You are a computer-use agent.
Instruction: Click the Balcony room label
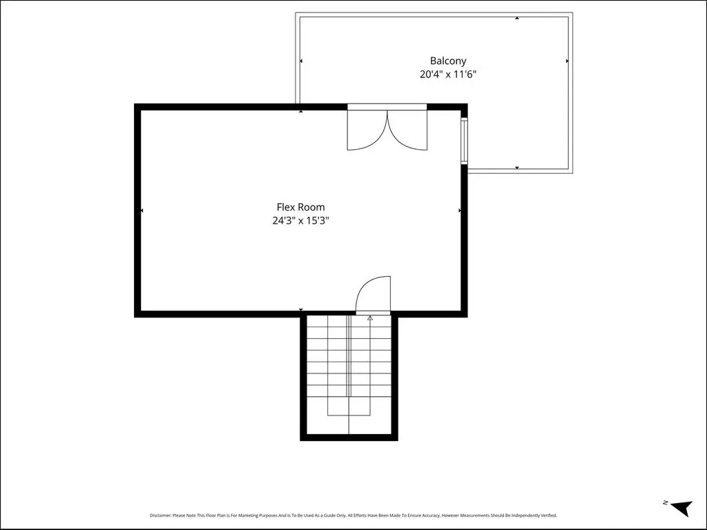[447, 61]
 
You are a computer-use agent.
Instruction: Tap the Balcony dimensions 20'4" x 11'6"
[447, 75]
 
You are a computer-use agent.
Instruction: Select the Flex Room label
[300, 207]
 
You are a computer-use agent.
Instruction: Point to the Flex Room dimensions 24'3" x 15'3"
[301, 220]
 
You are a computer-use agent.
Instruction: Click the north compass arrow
[681, 507]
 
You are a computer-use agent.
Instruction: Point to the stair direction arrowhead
[370, 317]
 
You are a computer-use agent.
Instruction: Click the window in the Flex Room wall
[464, 139]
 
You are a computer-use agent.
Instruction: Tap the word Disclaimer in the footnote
[160, 515]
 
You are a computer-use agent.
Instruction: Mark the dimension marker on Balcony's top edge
[517, 18]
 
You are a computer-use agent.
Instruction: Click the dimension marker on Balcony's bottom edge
[517, 168]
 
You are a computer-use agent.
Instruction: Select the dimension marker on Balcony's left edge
[301, 61]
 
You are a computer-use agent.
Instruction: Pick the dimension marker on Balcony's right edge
[568, 61]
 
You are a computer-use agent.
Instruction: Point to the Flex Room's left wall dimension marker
[142, 210]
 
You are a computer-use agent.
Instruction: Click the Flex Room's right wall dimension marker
[459, 210]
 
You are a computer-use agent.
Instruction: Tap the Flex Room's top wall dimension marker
[301, 111]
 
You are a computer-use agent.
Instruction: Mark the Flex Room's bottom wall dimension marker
[301, 310]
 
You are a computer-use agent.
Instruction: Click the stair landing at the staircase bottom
[349, 424]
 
